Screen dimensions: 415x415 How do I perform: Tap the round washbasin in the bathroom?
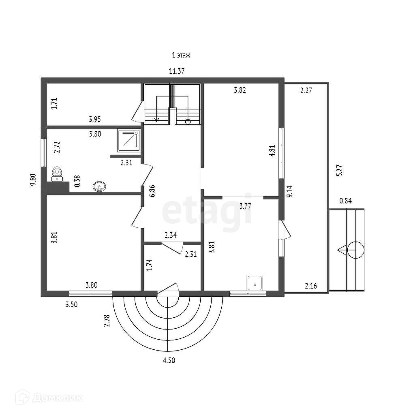[100, 186]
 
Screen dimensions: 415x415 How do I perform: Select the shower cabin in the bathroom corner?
[128, 140]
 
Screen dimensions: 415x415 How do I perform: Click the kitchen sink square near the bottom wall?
[255, 283]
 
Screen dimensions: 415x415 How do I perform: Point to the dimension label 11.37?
[177, 71]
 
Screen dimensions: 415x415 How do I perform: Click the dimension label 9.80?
[33, 180]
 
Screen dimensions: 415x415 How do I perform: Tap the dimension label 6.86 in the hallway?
[152, 190]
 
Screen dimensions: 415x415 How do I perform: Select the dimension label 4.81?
[272, 150]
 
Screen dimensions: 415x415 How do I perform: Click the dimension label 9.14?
[289, 191]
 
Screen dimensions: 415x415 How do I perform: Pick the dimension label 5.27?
[340, 169]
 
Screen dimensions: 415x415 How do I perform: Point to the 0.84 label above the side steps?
[346, 200]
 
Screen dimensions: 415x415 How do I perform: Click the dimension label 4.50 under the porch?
[169, 360]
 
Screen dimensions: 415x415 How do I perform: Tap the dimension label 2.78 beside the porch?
[107, 321]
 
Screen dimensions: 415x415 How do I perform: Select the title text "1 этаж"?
[181, 55]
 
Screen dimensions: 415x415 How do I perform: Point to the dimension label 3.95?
[95, 120]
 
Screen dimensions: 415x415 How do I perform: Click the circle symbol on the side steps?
[355, 250]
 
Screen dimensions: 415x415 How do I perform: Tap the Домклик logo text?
[57, 398]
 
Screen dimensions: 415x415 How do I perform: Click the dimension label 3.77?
[246, 206]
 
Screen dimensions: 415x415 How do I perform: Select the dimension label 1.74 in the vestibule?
[149, 265]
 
